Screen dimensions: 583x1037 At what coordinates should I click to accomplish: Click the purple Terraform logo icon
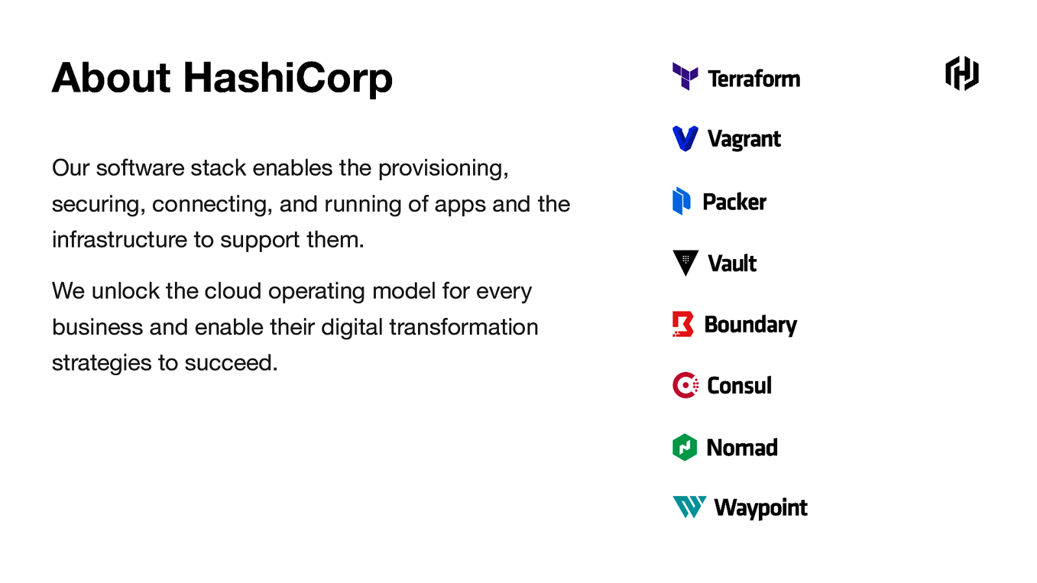[685, 76]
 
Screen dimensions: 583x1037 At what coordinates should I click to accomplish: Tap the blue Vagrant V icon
[685, 138]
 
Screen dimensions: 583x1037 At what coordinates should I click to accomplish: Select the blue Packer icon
[681, 201]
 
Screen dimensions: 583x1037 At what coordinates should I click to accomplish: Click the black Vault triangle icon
[685, 262]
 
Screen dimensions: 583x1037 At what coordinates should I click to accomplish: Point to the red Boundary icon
[683, 324]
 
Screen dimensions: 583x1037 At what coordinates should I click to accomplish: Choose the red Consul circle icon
[685, 385]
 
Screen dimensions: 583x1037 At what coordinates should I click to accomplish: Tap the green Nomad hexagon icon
[684, 447]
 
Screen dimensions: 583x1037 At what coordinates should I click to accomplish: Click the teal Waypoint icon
[689, 507]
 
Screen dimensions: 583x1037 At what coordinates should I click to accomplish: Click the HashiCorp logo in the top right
[962, 73]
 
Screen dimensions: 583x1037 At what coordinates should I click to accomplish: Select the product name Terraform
[754, 79]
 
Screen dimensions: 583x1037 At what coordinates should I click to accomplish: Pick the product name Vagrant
[744, 139]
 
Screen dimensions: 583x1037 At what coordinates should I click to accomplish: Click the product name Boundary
[751, 325]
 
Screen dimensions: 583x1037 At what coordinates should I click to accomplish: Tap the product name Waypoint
[761, 508]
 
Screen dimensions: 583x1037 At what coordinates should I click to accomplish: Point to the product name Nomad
[742, 448]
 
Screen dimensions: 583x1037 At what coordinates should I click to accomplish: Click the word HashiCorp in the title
[288, 78]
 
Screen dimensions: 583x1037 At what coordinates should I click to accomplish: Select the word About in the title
[111, 78]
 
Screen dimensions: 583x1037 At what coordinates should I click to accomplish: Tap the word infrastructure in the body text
[120, 240]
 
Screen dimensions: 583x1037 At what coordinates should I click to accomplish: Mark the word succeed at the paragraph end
[230, 363]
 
